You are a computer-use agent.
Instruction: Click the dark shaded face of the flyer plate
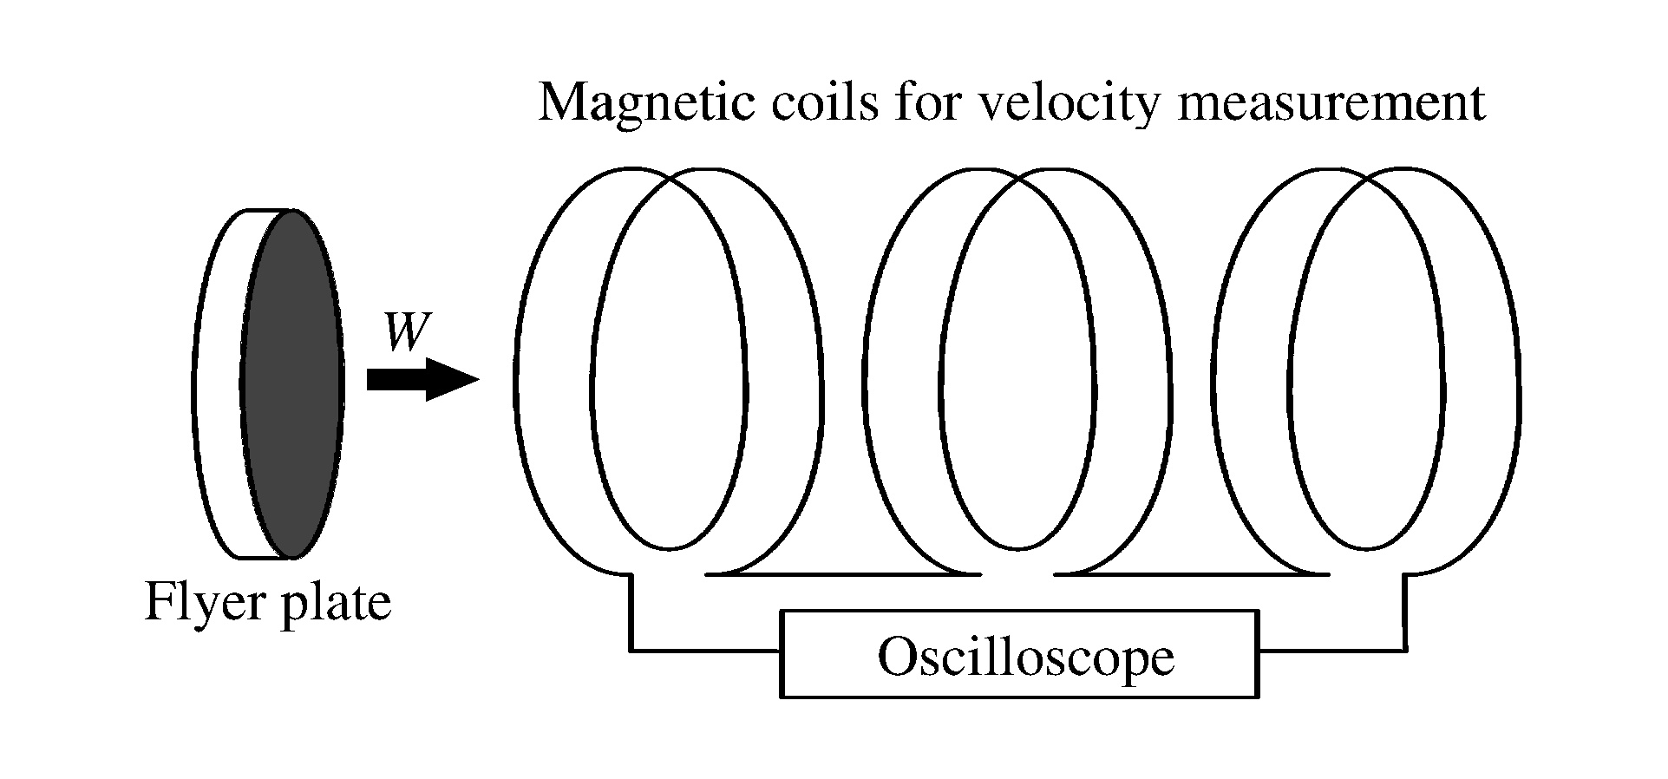(x=292, y=383)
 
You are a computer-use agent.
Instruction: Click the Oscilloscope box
(x=1019, y=653)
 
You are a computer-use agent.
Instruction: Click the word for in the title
(x=933, y=103)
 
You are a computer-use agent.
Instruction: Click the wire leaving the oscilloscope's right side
(x=1331, y=649)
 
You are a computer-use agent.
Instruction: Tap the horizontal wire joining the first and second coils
(x=841, y=573)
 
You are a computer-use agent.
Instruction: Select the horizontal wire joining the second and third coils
(x=1193, y=573)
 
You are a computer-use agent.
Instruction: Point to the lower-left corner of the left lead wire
(x=631, y=649)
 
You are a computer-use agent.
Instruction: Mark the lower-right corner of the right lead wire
(x=1405, y=649)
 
